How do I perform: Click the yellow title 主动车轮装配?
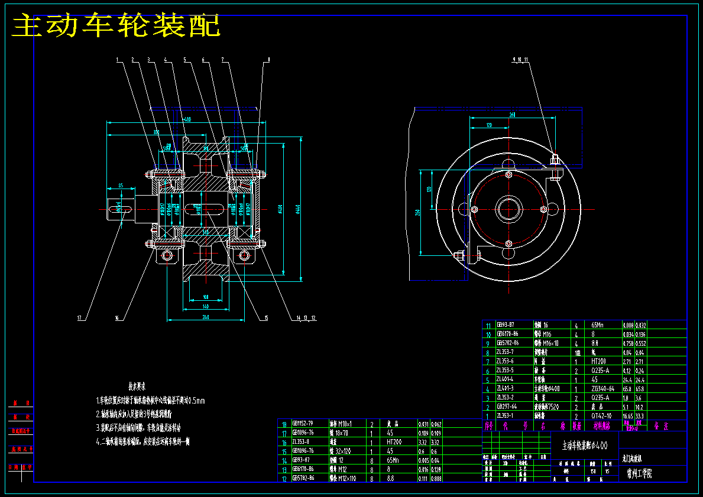116,27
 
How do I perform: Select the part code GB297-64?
507,407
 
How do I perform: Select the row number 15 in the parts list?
284,451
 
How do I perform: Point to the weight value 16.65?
628,416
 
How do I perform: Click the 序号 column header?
488,425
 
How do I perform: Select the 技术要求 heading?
137,386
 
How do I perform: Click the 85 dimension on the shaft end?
121,186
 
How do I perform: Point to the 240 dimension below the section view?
205,317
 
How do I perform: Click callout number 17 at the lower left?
79,319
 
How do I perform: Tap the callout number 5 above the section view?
185,60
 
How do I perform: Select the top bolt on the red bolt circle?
508,174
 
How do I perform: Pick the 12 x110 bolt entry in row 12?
344,478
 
